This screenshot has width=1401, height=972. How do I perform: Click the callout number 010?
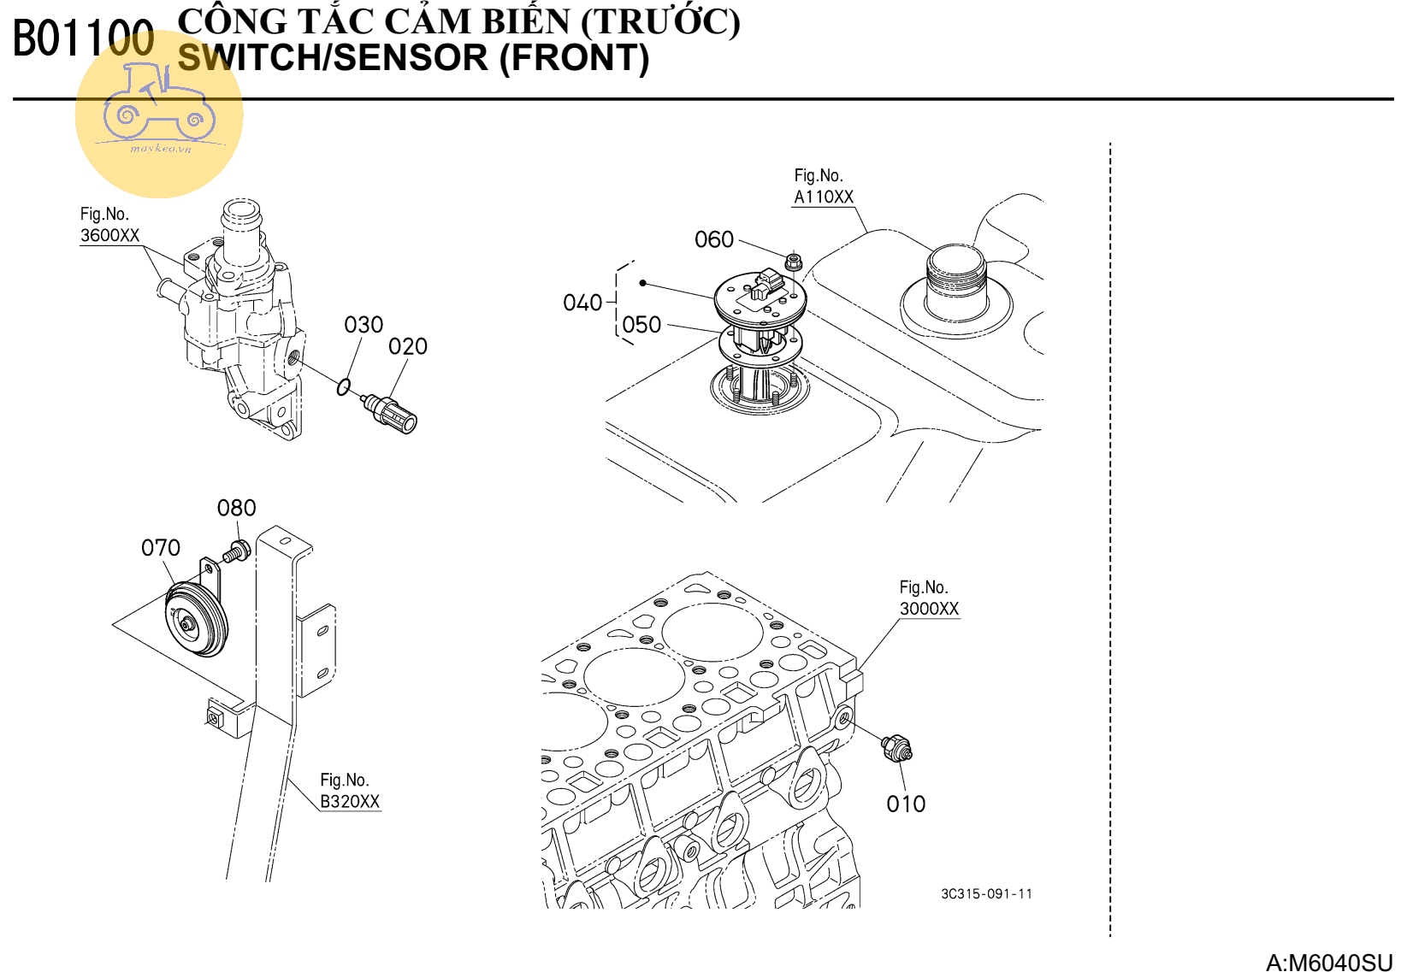coord(906,804)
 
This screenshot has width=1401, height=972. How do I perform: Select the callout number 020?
coord(407,347)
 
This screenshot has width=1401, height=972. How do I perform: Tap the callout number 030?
coord(364,325)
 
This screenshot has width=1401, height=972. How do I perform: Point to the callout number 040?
coord(582,303)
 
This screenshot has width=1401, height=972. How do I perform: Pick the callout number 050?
coord(641,325)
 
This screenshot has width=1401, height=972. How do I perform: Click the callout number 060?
coord(714,239)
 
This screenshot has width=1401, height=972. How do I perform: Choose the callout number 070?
coord(161,548)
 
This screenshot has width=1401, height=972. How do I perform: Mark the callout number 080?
coord(236,509)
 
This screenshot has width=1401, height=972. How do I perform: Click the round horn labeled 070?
coord(195,621)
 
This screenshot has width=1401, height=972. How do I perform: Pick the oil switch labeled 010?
coord(896,748)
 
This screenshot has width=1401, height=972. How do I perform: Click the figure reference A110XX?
coord(824,197)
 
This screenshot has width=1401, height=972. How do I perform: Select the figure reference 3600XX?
coord(109,236)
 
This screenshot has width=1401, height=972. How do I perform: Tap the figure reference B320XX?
coord(349,802)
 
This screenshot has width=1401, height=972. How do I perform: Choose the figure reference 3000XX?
coord(929,610)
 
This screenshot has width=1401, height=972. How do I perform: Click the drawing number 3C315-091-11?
coord(986,894)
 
